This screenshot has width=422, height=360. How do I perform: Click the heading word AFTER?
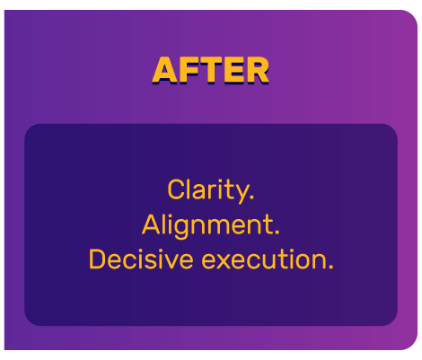click(210, 70)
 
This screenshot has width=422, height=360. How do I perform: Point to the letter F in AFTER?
click(188, 70)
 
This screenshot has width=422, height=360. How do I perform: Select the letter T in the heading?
click(209, 70)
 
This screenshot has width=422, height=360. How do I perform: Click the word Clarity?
click(208, 190)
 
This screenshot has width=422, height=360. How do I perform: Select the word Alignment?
click(209, 224)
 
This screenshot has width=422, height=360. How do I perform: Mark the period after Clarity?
click(252, 198)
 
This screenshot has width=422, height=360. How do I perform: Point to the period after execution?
click(330, 268)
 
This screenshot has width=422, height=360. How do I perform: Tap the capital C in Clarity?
click(176, 190)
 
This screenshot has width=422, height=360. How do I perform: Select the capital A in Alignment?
click(152, 224)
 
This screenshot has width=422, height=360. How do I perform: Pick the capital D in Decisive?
click(98, 259)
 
